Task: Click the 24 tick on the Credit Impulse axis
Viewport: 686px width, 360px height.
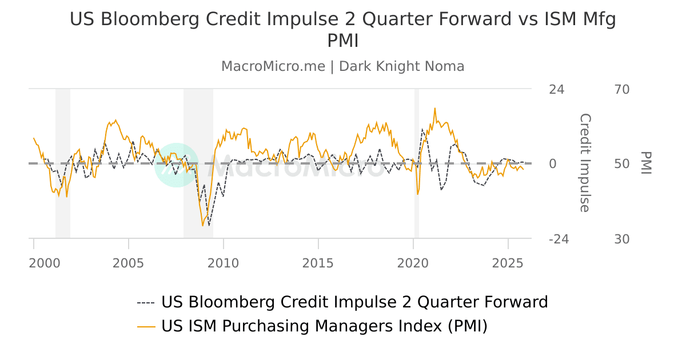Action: [556, 90]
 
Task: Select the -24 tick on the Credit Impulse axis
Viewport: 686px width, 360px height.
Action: [559, 239]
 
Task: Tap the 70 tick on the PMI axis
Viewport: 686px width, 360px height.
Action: [622, 90]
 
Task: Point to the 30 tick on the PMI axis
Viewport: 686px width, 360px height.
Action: [622, 239]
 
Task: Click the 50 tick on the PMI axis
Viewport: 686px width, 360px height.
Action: [622, 165]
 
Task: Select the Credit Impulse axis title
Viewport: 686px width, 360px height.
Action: [584, 163]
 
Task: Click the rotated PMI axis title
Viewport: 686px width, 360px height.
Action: [646, 163]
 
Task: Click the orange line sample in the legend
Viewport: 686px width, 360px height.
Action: [146, 326]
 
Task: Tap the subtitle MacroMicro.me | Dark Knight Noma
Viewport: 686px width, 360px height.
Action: [343, 66]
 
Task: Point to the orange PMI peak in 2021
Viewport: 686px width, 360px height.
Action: [435, 108]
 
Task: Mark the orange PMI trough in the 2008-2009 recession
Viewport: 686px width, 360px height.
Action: [202, 226]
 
